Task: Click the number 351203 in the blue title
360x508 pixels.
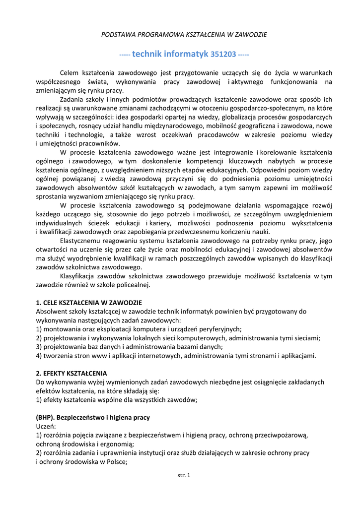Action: tap(223, 54)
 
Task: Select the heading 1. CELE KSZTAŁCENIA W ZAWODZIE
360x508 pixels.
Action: tap(89, 302)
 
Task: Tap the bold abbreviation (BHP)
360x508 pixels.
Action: tap(47, 417)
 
